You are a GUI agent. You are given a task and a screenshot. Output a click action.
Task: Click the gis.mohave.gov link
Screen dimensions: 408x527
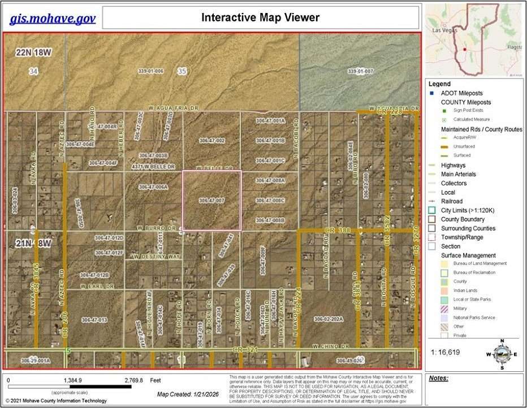pos(53,18)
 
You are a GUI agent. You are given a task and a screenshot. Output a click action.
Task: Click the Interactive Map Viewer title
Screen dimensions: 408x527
pos(260,18)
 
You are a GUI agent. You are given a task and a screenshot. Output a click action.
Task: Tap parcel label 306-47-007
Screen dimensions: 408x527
pos(212,201)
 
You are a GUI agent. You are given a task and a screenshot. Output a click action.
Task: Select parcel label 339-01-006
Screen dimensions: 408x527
pos(150,71)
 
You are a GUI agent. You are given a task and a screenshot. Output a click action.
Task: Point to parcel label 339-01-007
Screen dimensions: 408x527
pos(360,71)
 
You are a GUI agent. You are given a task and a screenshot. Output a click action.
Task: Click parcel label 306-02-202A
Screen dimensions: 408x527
pos(330,319)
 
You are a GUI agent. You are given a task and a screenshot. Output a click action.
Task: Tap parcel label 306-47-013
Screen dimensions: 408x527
pos(94,320)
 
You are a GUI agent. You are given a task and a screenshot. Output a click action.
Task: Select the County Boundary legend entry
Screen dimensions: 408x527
pos(463,219)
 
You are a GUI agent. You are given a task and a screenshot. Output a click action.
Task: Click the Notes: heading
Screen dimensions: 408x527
pos(438,378)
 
